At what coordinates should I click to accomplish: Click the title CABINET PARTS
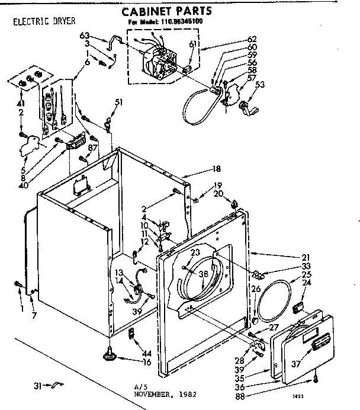click(x=167, y=11)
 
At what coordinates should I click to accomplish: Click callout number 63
click(x=84, y=36)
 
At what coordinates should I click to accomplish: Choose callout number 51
click(x=119, y=102)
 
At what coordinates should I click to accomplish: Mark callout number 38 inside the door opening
click(x=203, y=274)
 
